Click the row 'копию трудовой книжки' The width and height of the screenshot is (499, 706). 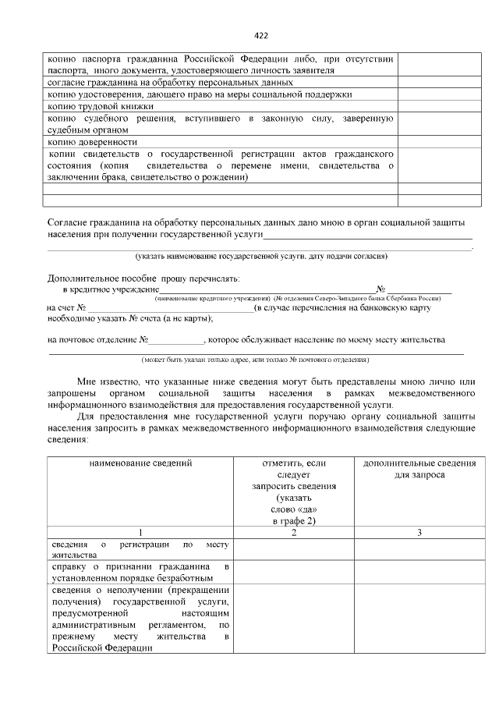[101, 106]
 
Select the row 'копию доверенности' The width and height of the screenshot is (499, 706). [93, 142]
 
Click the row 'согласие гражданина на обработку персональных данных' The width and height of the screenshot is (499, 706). [171, 82]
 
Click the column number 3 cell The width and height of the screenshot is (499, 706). [419, 533]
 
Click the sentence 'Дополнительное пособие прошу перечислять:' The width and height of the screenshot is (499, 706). [144, 278]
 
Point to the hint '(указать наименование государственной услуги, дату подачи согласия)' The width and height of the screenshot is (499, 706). [261, 256]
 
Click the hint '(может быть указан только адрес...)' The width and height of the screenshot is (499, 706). [255, 360]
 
